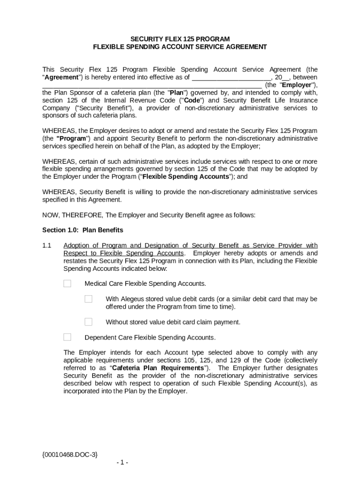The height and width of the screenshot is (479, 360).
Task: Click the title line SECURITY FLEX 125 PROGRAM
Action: [180, 39]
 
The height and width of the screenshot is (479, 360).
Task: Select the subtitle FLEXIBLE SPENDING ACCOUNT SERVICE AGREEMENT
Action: [180, 47]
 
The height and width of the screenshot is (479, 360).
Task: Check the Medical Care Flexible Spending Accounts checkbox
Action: [67, 283]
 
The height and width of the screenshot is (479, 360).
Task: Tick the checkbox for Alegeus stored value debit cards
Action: [88, 299]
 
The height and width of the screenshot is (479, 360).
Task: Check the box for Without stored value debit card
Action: [88, 322]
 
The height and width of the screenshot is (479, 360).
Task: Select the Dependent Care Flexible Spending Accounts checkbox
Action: [67, 337]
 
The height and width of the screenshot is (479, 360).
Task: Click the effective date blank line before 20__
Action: [231, 78]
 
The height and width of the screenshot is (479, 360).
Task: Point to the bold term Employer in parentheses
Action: [296, 85]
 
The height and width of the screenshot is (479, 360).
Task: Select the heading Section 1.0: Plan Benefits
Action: [83, 230]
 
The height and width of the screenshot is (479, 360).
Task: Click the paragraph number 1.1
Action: [47, 246]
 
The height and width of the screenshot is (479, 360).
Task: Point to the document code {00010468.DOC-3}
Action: [70, 454]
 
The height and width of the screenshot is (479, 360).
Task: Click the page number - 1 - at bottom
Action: [122, 463]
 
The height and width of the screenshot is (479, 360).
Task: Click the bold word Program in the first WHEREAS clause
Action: [72, 138]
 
